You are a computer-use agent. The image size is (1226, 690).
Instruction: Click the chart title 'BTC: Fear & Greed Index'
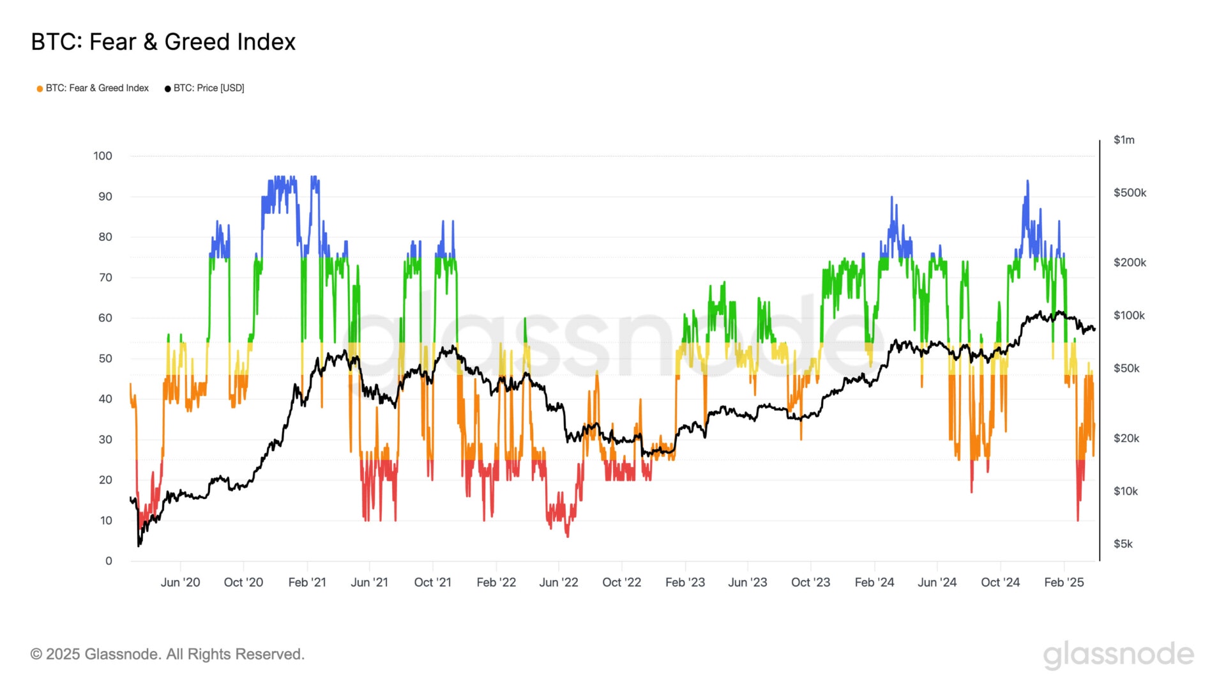pos(163,42)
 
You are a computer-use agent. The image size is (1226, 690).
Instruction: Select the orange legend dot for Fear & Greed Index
pos(40,89)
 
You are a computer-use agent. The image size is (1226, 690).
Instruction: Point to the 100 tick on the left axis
pos(103,156)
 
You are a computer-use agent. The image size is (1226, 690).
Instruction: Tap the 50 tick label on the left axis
pos(105,358)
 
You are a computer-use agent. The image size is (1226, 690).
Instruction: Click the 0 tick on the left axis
pos(109,561)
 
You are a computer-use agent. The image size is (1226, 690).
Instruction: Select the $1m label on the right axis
pos(1124,140)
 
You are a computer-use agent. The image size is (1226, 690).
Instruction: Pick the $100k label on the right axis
pos(1129,316)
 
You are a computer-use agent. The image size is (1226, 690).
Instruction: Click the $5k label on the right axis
pos(1123,544)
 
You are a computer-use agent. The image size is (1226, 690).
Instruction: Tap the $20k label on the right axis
pos(1126,438)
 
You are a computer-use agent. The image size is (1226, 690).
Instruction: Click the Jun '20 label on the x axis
pos(180,583)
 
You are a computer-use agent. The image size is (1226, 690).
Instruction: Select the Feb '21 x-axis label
pos(307,583)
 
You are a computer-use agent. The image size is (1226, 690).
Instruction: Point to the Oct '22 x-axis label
pos(621,583)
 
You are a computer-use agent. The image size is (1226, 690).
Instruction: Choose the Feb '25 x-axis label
pos(1064,583)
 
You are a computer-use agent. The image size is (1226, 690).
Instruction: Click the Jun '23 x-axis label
pos(748,583)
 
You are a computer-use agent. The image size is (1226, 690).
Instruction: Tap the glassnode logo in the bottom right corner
pos(1119,655)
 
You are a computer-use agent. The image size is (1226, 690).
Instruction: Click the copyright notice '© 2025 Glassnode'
pos(167,654)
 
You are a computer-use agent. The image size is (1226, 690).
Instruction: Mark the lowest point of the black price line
pos(139,545)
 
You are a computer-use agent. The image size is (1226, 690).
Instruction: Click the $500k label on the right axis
pos(1130,193)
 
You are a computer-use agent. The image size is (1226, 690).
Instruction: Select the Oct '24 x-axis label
pos(1001,583)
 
